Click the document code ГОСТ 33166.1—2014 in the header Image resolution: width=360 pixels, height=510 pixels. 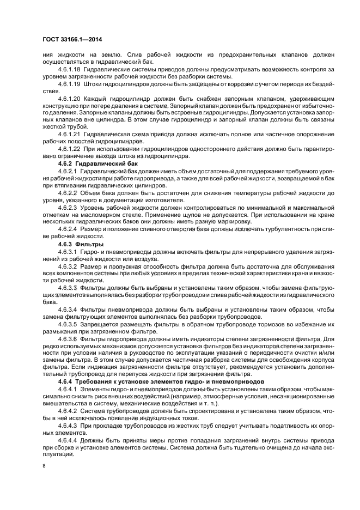click(x=74, y=39)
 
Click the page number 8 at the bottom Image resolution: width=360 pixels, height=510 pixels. click(x=44, y=466)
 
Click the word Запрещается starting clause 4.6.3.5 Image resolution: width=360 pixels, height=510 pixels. click(x=97, y=324)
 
